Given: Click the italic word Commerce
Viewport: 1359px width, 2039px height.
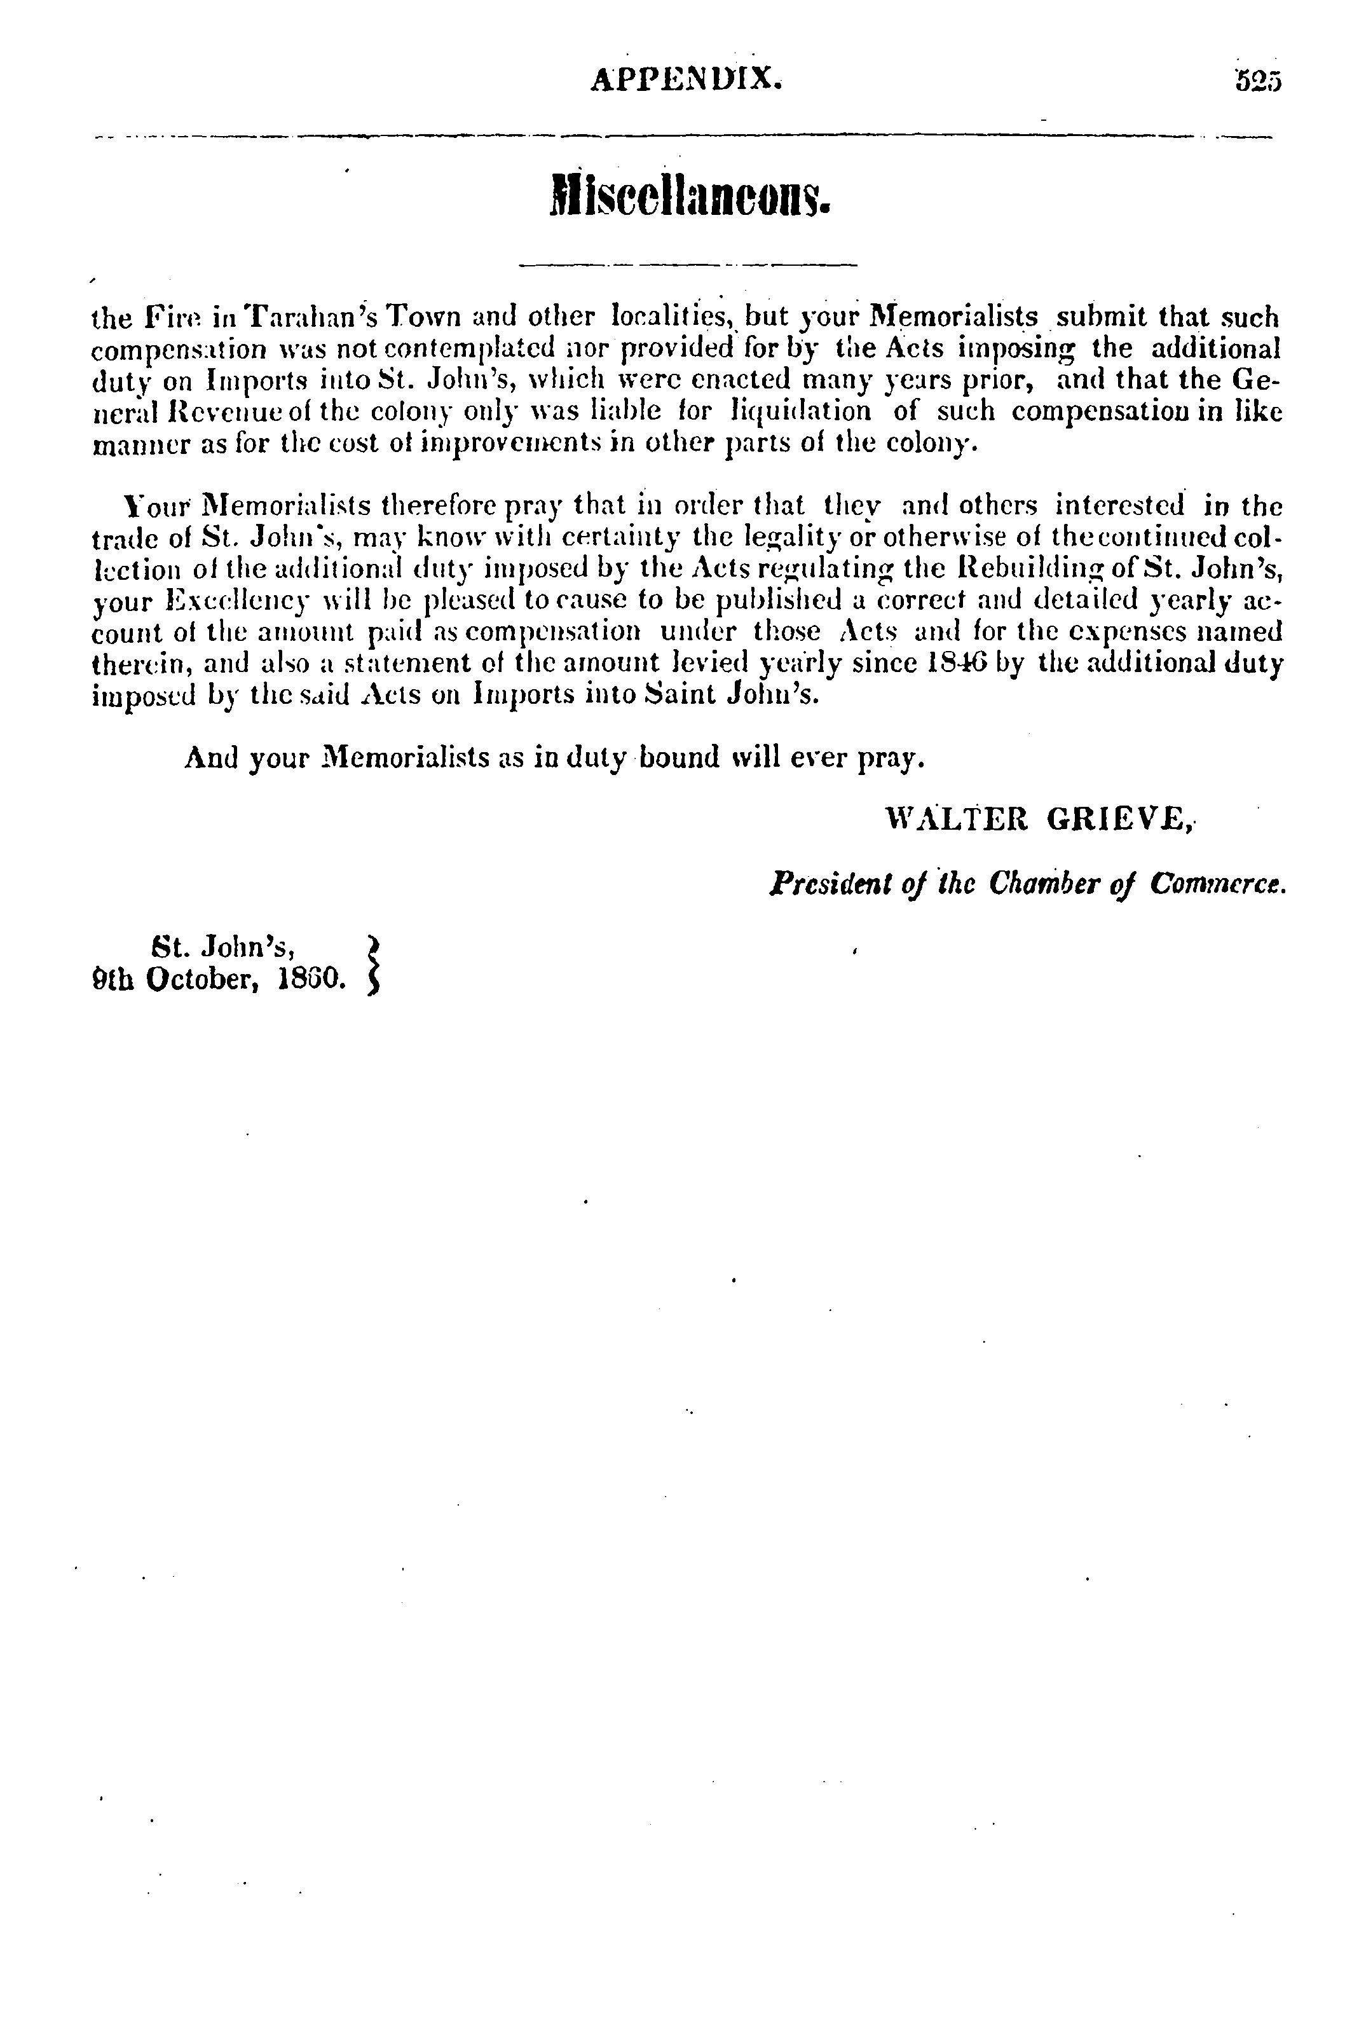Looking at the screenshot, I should [1218, 884].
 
